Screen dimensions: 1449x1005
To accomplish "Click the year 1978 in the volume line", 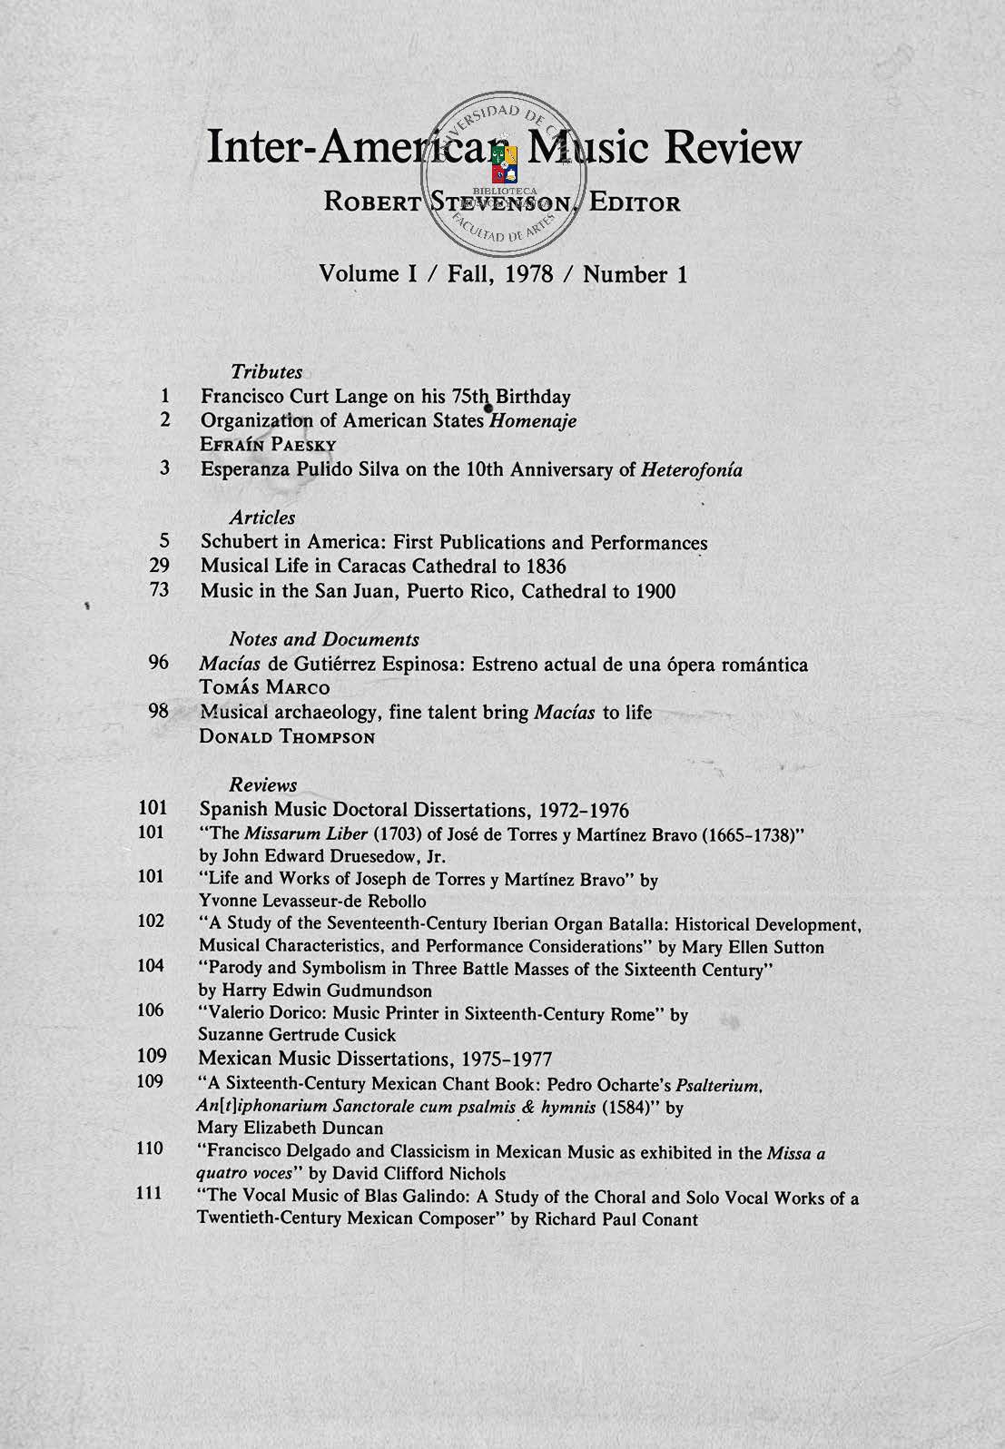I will tap(523, 273).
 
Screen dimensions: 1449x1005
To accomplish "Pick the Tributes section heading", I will tap(266, 371).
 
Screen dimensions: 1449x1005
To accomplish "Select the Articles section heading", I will tap(262, 517).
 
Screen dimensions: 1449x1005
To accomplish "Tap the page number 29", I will tap(160, 566).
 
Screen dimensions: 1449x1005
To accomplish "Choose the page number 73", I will tap(160, 591).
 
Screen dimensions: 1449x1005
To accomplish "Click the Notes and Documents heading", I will tap(324, 639).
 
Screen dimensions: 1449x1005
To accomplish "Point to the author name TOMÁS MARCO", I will tap(264, 688).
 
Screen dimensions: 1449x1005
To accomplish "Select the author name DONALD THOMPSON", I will tap(287, 737).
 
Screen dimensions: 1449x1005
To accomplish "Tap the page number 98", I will tap(160, 711).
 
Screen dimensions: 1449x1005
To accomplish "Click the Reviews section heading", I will tap(263, 784).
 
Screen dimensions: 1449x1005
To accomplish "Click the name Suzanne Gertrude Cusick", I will tap(297, 1035).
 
